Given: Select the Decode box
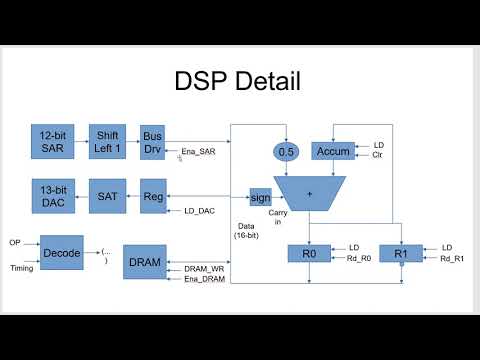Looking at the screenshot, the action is tap(61, 253).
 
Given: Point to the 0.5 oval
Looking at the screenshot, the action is tap(287, 151).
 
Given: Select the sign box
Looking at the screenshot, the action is tap(261, 196).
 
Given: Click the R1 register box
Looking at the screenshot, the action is tap(401, 253).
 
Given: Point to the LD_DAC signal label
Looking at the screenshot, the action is tap(201, 212).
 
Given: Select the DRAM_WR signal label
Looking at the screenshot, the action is tap(204, 268).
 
